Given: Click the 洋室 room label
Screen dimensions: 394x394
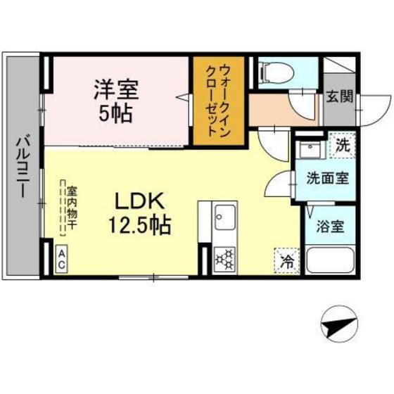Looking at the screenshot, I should tap(117, 90).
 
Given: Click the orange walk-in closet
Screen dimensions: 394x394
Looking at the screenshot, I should tap(217, 101).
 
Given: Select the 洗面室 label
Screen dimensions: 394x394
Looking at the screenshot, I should tap(327, 178).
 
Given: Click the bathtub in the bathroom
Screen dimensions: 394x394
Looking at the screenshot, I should tap(331, 260).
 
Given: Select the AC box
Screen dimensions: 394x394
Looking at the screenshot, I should tap(62, 259).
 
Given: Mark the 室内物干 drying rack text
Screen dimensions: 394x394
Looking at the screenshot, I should tap(72, 205).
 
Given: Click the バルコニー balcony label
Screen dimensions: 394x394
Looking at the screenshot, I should tap(22, 167).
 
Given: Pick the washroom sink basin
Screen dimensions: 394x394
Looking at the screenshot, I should tap(308, 151).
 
